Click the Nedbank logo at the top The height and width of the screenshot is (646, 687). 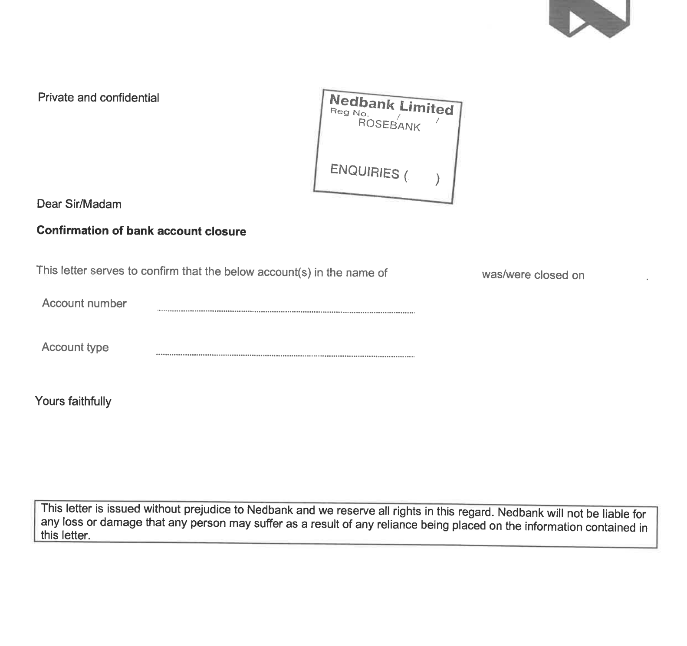588,17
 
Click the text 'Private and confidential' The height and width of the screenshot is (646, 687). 99,98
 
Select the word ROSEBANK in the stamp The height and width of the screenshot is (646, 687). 389,125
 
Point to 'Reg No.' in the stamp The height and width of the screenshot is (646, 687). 349,113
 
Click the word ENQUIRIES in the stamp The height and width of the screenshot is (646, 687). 364,171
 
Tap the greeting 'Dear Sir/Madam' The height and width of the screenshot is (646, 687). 79,204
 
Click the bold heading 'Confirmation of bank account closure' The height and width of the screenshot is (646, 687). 141,231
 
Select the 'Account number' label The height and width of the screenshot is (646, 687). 84,303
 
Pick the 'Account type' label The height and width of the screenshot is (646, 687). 75,347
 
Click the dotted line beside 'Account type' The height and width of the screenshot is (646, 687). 285,356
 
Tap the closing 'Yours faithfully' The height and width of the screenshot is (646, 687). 73,401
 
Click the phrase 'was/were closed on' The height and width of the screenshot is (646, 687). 533,275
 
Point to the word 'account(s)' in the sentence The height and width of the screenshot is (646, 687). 284,272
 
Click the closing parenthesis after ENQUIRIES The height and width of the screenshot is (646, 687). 437,179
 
